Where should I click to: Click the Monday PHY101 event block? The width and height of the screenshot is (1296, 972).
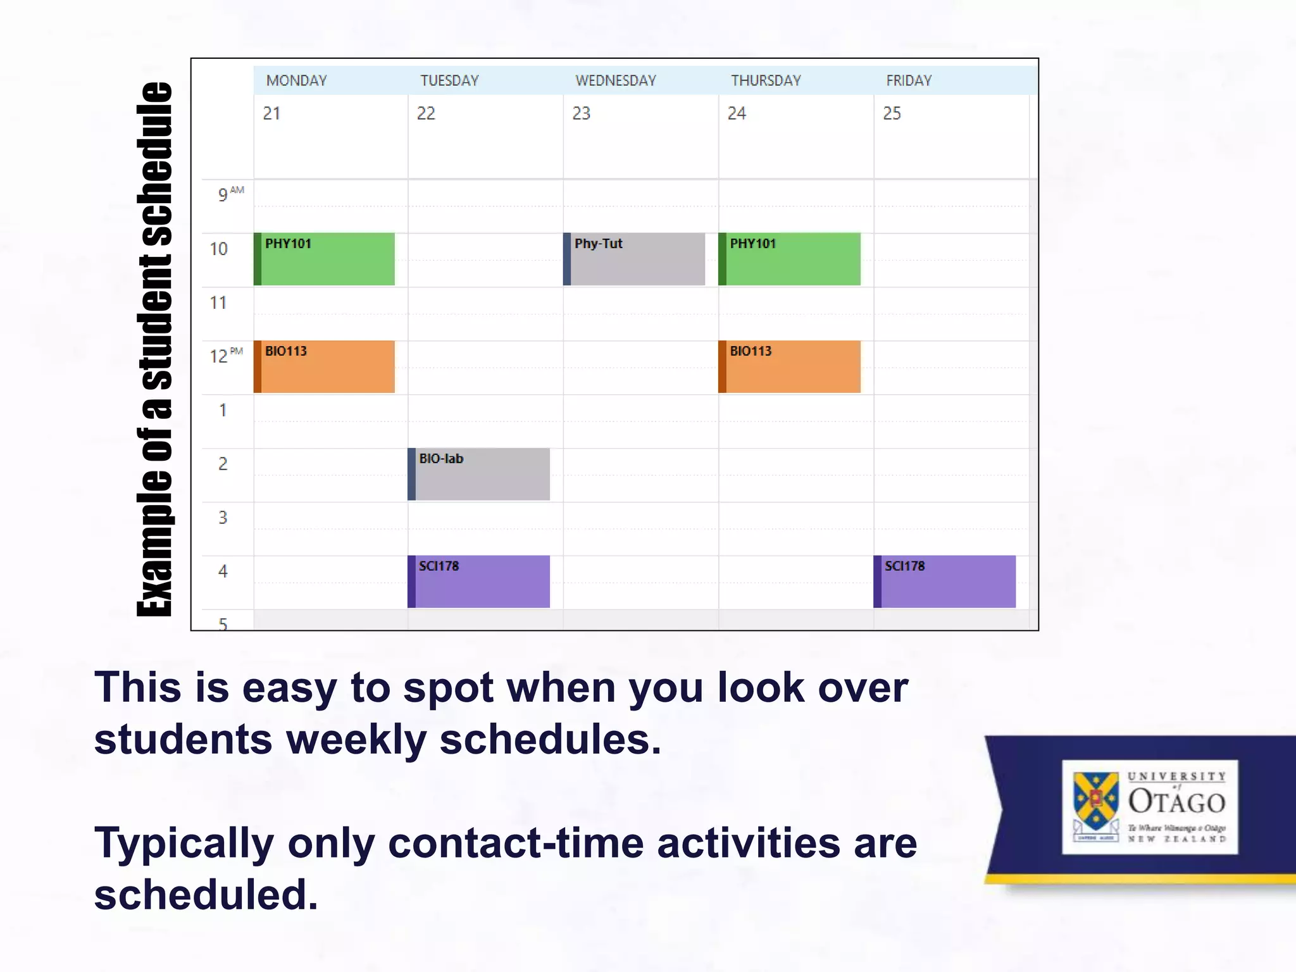pyautogui.click(x=324, y=259)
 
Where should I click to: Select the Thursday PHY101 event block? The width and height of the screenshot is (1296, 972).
pyautogui.click(x=789, y=259)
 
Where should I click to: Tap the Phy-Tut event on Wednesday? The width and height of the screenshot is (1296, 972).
pyautogui.click(x=634, y=259)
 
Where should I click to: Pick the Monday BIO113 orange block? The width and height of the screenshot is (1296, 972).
pyautogui.click(x=324, y=366)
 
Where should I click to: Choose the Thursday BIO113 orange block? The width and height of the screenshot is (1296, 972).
pyautogui.click(x=789, y=366)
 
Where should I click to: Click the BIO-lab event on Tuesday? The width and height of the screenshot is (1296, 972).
pyautogui.click(x=479, y=474)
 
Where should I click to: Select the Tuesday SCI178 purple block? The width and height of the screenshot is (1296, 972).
pyautogui.click(x=479, y=582)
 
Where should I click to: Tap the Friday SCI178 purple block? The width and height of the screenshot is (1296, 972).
pyautogui.click(x=945, y=582)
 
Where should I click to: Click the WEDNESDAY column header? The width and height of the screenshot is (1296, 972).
pyautogui.click(x=615, y=81)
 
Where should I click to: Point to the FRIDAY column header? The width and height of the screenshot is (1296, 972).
pyautogui.click(x=909, y=81)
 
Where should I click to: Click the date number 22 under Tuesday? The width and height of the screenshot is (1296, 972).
pyautogui.click(x=426, y=113)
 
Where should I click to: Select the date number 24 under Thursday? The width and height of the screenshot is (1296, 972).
pyautogui.click(x=737, y=113)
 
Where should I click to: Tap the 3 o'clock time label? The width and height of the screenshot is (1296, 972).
pyautogui.click(x=223, y=518)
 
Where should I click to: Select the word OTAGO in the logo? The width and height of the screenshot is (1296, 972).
pyautogui.click(x=1176, y=802)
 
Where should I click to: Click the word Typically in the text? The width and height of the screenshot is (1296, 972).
pyautogui.click(x=184, y=844)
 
